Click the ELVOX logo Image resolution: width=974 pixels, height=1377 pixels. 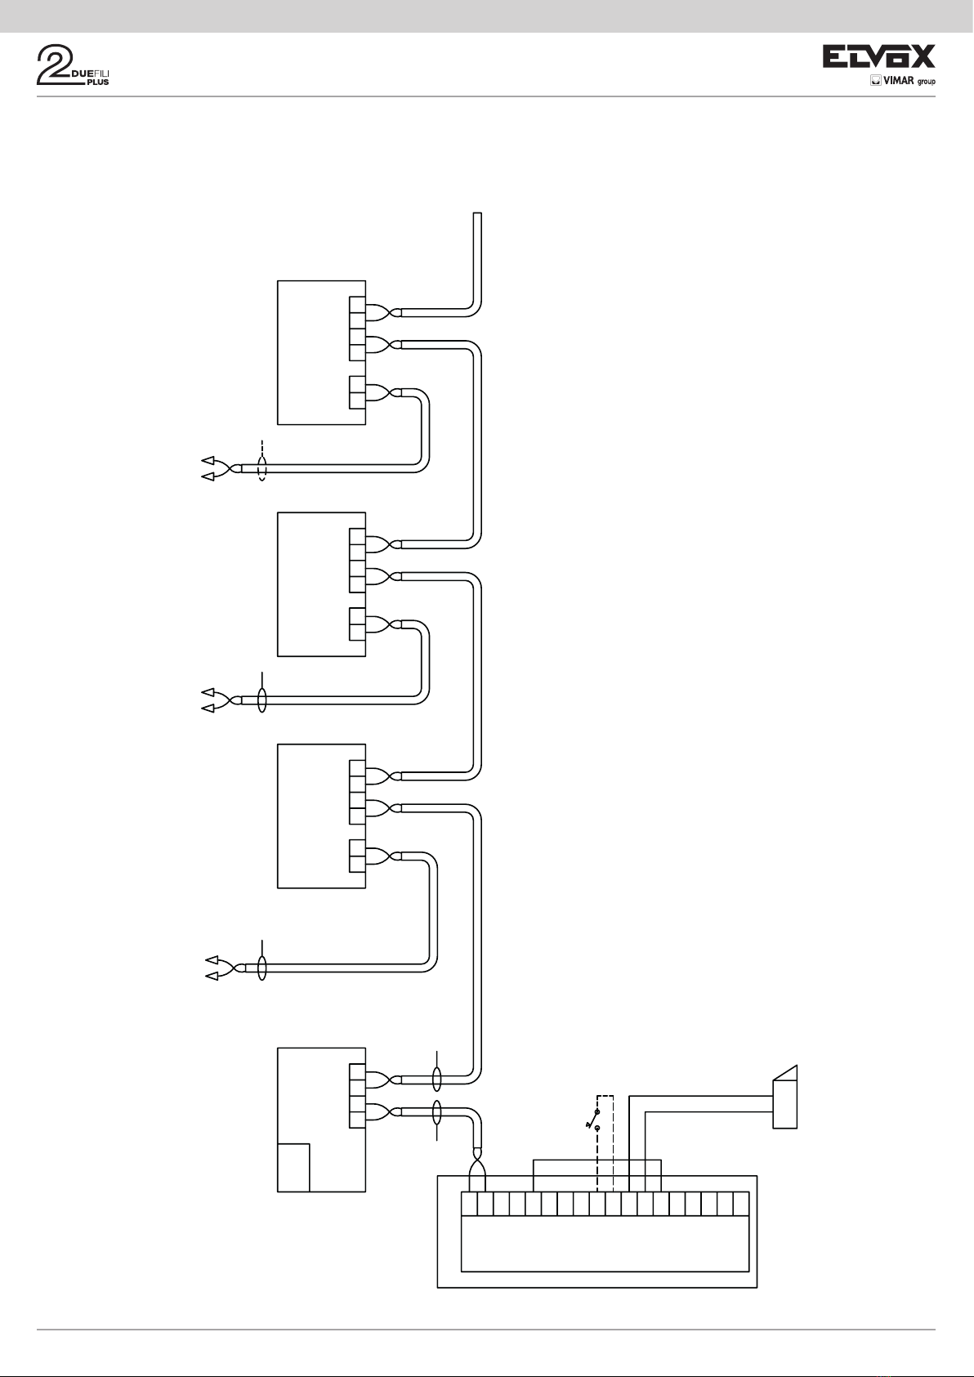click(x=878, y=56)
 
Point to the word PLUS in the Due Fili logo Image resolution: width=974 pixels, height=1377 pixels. click(x=97, y=82)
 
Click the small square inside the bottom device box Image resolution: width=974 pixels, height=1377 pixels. click(x=293, y=1167)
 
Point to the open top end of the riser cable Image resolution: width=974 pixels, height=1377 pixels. click(x=477, y=214)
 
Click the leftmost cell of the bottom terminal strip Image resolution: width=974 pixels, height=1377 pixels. click(x=470, y=1204)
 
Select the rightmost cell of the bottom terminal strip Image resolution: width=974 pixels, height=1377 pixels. click(x=741, y=1204)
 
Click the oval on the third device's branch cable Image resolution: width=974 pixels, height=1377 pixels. click(x=261, y=968)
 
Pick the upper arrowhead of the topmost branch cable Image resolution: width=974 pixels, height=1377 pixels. click(x=208, y=461)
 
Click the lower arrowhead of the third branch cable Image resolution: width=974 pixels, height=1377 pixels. click(x=211, y=976)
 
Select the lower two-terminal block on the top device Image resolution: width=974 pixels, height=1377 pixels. click(x=357, y=392)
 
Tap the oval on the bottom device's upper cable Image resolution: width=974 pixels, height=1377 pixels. click(x=436, y=1079)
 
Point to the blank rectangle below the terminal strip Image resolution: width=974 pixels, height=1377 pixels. click(x=605, y=1242)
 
